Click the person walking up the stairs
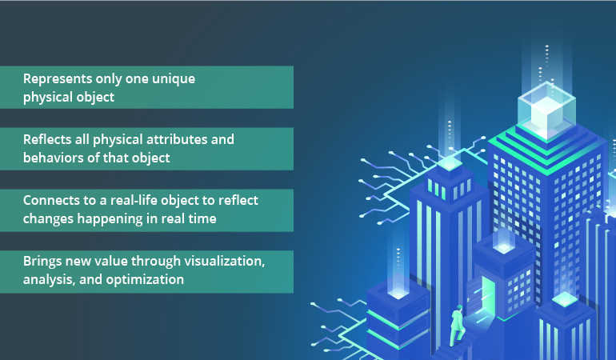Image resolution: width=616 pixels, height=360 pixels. [x=458, y=325]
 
